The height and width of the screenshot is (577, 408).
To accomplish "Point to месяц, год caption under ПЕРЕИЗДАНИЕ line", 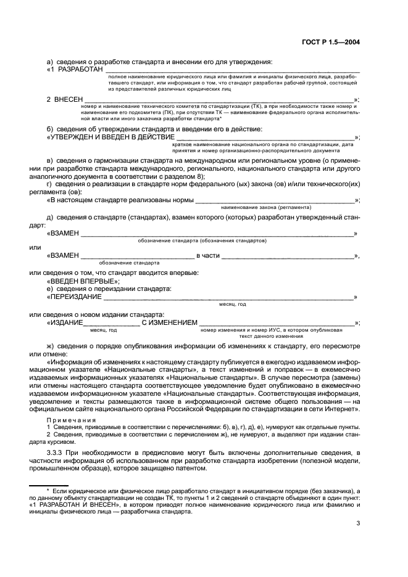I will coord(233,304).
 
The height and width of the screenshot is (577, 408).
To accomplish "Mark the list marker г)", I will coord(51,184).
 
